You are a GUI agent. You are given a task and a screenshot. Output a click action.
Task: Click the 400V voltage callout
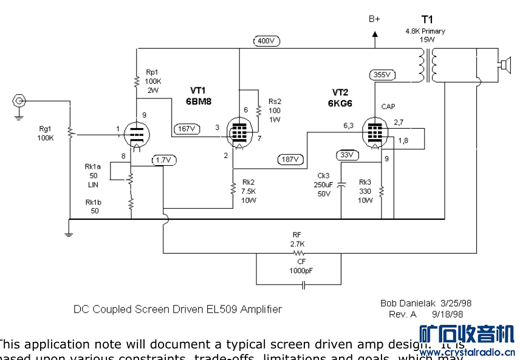point(266,41)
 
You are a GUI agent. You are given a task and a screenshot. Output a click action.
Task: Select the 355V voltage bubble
point(381,75)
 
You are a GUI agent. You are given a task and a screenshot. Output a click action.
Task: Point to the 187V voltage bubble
point(290,160)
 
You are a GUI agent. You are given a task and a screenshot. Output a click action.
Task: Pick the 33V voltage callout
point(346,154)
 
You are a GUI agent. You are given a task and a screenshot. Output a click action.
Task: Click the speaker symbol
point(504,63)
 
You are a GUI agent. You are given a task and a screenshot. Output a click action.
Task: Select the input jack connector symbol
point(20,101)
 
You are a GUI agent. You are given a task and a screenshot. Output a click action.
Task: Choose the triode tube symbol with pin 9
point(137,134)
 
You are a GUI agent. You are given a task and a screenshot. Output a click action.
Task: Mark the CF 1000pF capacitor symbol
point(298,283)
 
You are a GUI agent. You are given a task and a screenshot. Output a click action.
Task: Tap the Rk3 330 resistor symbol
point(381,191)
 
